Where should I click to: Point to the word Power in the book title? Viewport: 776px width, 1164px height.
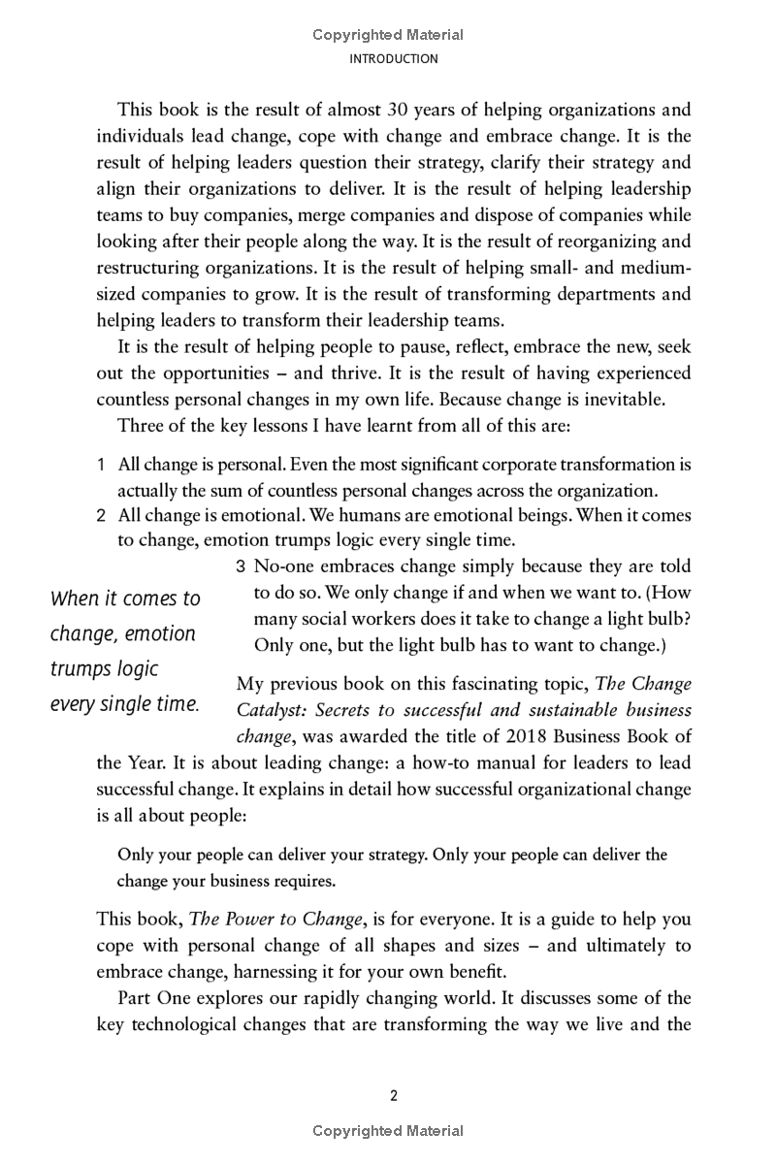245,919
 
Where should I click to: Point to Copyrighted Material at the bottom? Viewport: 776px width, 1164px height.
388,1131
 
